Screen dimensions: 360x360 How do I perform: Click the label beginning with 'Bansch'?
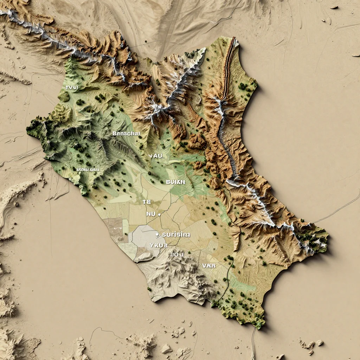click(126, 134)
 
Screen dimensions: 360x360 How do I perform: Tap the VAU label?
click(155, 156)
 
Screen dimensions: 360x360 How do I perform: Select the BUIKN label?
click(175, 182)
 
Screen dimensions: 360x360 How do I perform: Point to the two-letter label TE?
click(147, 202)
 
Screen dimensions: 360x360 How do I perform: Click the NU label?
click(150, 214)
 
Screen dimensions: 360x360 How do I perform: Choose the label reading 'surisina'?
click(176, 234)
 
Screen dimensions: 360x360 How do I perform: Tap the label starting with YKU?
click(158, 245)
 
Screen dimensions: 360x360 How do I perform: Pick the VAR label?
click(209, 266)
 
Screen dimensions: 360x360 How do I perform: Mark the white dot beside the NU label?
click(159, 214)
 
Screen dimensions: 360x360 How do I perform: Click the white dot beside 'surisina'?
click(157, 234)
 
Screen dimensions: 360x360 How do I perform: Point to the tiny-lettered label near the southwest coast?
click(88, 169)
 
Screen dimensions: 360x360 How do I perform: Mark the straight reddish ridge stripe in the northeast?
click(229, 67)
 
